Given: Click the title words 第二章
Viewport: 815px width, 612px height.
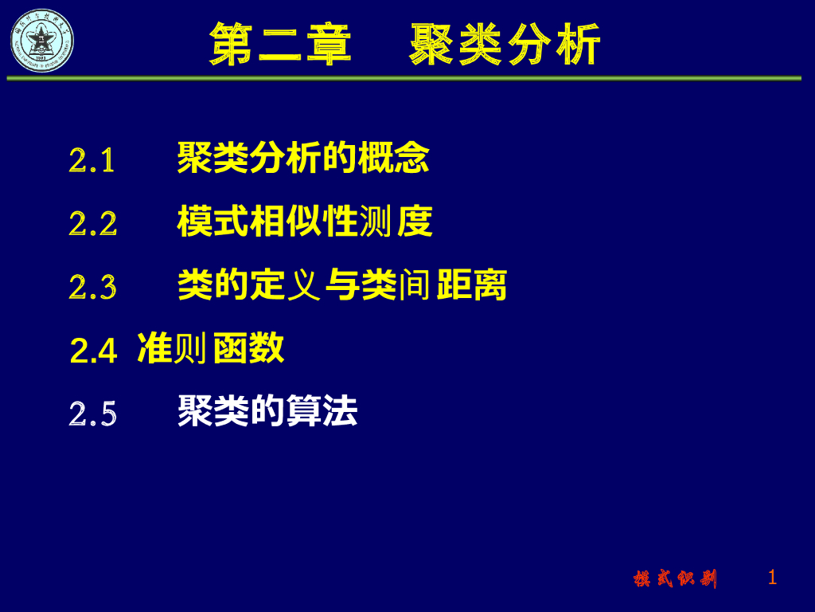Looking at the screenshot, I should [x=280, y=43].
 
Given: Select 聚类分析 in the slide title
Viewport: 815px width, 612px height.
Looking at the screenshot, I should [x=505, y=45].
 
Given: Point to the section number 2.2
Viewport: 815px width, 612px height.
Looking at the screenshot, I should [x=93, y=224].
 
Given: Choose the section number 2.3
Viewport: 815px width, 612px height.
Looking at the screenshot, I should [x=93, y=287].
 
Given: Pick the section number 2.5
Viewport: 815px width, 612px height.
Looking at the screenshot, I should [x=93, y=414].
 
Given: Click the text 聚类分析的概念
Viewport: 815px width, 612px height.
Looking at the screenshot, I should [x=303, y=158].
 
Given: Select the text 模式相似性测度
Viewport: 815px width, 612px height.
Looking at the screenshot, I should [x=305, y=222].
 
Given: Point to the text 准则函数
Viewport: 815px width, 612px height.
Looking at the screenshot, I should [x=211, y=348].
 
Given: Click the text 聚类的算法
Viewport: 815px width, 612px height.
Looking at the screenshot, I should [x=267, y=411].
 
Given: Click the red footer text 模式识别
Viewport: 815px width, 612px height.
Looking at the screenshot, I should [x=675, y=579].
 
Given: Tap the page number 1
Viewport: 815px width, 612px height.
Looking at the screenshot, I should [x=772, y=577].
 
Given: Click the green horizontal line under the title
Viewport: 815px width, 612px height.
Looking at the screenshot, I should [x=404, y=78].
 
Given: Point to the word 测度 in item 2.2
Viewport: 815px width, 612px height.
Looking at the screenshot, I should [x=396, y=222].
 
